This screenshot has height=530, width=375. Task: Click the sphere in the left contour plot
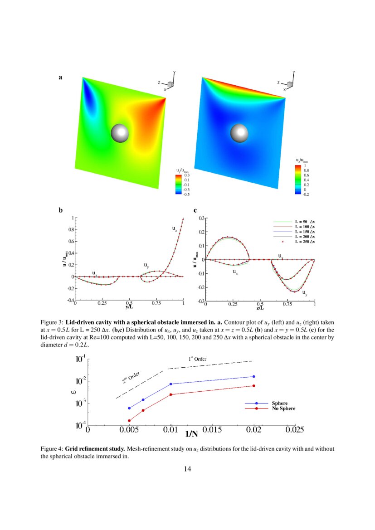click(120, 133)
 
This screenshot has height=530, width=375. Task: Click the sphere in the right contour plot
click(239, 133)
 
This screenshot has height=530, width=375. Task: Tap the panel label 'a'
click(60, 78)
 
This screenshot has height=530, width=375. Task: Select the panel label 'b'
click(61, 210)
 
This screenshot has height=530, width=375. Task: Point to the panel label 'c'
click(195, 210)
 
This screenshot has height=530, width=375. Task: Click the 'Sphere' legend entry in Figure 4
click(279, 403)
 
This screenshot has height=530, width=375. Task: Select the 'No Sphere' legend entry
click(283, 409)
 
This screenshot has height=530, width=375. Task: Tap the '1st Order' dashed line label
click(197, 359)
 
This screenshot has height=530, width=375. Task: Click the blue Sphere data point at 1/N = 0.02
click(254, 376)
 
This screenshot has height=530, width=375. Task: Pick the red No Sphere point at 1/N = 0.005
click(129, 421)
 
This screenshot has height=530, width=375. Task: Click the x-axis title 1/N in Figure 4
click(191, 434)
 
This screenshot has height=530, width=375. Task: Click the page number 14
click(187, 469)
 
